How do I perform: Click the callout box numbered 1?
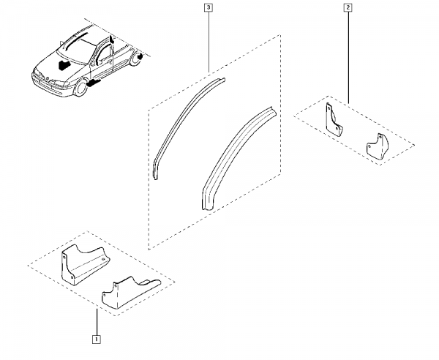click(x=96, y=340)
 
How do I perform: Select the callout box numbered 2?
click(x=348, y=7)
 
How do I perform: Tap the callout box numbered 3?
click(x=209, y=7)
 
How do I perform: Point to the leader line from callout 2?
click(x=348, y=58)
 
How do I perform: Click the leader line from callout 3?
click(x=209, y=42)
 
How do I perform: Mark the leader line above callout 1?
click(x=97, y=322)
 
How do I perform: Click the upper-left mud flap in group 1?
click(x=84, y=264)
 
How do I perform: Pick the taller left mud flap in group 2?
click(x=334, y=120)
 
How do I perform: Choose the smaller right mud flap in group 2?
click(x=377, y=146)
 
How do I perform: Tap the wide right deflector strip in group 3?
click(x=237, y=159)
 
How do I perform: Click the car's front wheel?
click(x=80, y=88)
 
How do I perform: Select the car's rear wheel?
click(x=136, y=59)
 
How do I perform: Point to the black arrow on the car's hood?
click(x=64, y=64)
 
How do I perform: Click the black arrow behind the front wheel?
click(x=94, y=83)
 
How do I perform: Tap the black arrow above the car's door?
click(x=111, y=40)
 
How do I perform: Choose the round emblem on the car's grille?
click(x=47, y=78)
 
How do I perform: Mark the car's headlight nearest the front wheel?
click(x=60, y=83)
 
